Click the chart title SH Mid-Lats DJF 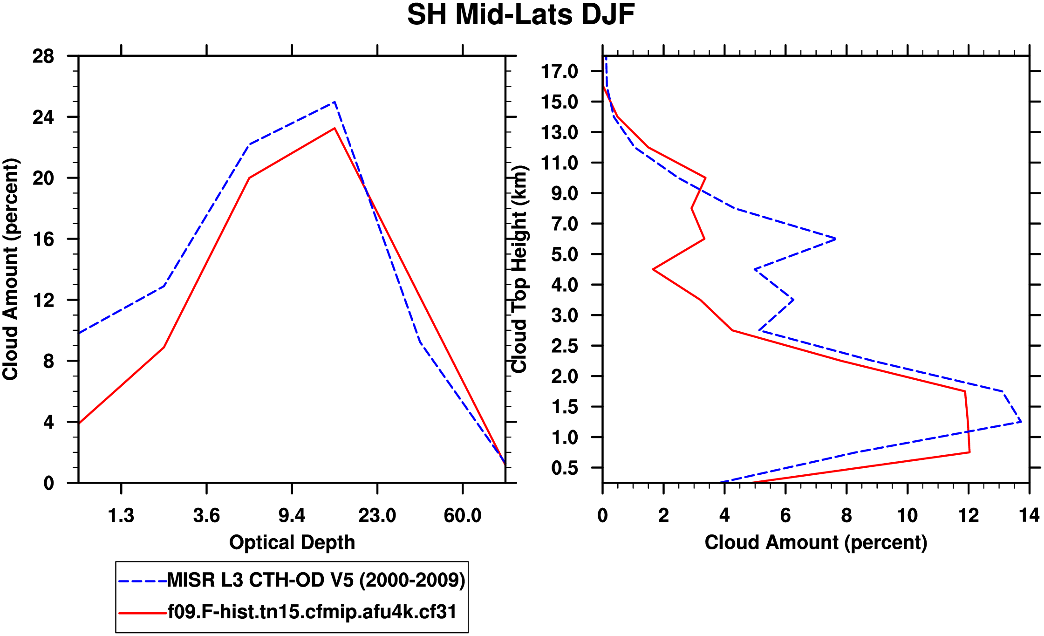click(521, 15)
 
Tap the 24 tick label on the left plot click(43, 117)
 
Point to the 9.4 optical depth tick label click(292, 516)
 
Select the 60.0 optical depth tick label click(462, 516)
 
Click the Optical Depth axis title click(292, 543)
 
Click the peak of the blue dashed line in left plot click(334, 102)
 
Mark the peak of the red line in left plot click(334, 129)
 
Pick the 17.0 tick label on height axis click(559, 72)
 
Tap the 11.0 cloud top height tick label click(559, 163)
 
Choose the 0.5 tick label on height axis click(564, 468)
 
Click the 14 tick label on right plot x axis click(1029, 516)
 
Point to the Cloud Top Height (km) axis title click(519, 269)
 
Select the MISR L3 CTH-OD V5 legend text click(316, 581)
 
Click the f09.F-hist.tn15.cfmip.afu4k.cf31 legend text click(312, 612)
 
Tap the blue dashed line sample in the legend click(142, 581)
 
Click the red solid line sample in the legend click(142, 613)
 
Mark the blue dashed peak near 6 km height click(835, 239)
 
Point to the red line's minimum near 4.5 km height click(654, 269)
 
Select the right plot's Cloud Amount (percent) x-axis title click(816, 543)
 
